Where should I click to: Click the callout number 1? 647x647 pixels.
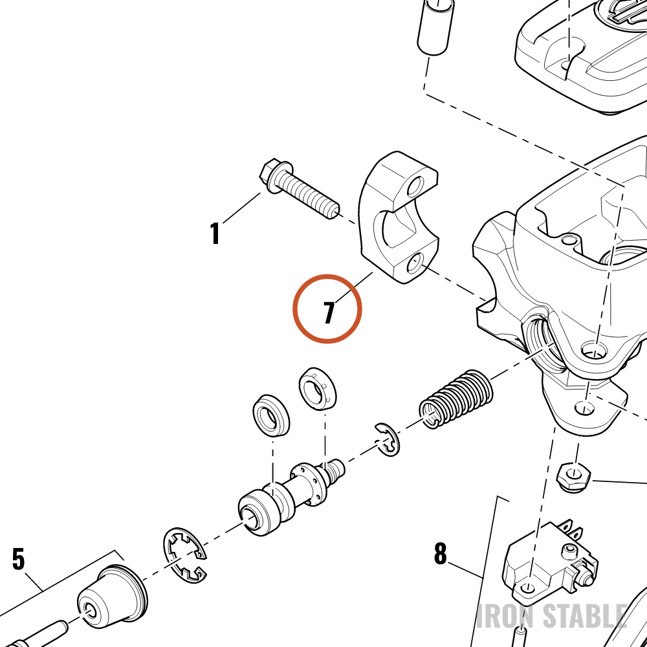tap(215, 234)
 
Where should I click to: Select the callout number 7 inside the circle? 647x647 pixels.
tap(329, 313)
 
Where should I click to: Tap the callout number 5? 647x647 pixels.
tap(18, 559)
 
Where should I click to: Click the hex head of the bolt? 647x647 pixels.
tap(270, 176)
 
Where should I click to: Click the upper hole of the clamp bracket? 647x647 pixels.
tap(415, 186)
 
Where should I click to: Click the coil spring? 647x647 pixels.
tap(456, 399)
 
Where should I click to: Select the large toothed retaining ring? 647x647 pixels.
tap(185, 555)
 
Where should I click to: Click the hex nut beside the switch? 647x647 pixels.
tap(574, 477)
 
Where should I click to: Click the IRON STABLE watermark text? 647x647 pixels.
tap(553, 616)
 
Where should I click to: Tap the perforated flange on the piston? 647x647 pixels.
tap(309, 484)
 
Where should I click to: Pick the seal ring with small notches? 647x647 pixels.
tap(316, 389)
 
